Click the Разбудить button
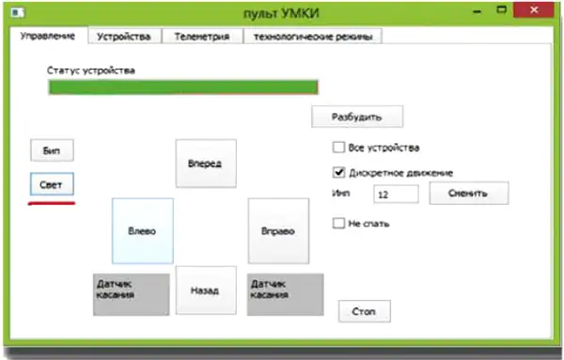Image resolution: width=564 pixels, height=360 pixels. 357,117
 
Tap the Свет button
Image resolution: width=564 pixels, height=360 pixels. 52,184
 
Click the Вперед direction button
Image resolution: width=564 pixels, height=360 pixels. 206,164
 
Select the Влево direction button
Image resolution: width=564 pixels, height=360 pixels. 143,231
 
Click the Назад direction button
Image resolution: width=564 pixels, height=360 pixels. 206,290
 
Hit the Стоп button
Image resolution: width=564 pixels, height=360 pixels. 365,311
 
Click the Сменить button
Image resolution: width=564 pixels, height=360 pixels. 469,193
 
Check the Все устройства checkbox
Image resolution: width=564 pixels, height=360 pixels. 338,147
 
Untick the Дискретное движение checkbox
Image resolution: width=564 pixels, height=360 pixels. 338,173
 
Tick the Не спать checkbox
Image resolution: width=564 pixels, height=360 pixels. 338,224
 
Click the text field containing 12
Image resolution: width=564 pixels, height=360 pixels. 396,195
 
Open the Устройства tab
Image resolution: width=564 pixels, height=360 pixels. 124,37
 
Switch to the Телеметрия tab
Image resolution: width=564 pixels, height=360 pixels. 202,37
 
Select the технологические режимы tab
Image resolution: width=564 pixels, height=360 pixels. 313,37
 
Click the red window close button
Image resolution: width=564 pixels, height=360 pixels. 533,10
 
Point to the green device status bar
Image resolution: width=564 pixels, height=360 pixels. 183,87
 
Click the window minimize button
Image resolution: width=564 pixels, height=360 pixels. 478,11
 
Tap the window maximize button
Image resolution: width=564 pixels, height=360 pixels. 501,9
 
